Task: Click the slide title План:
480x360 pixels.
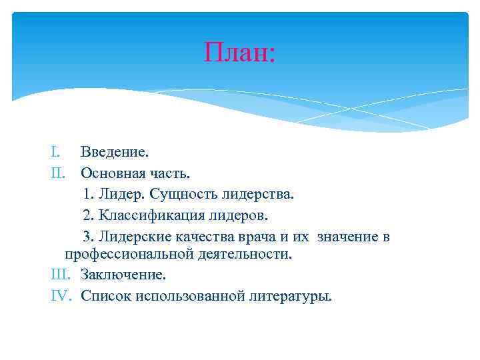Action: click(239, 51)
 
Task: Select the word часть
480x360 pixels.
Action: click(171, 174)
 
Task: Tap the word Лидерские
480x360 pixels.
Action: click(135, 237)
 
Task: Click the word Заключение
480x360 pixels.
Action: click(123, 275)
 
